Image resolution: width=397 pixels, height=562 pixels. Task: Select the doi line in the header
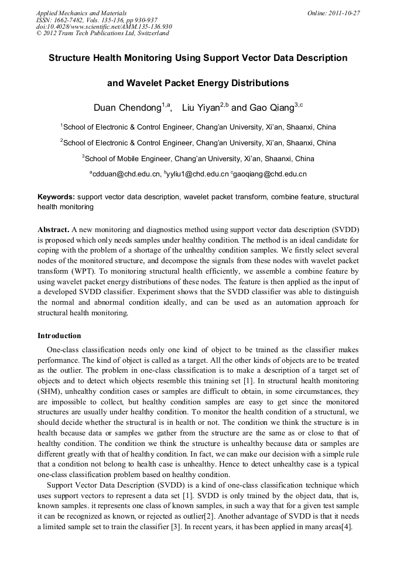(104, 26)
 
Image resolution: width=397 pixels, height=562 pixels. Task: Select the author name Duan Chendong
(127, 108)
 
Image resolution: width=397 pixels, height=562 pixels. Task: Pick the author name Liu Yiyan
(201, 108)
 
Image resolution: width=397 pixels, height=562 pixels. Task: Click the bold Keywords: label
(56, 197)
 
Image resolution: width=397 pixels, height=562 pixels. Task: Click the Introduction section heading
(59, 336)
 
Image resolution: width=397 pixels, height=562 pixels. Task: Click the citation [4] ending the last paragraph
(347, 527)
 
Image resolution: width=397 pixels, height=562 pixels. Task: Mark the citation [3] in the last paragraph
(176, 527)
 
